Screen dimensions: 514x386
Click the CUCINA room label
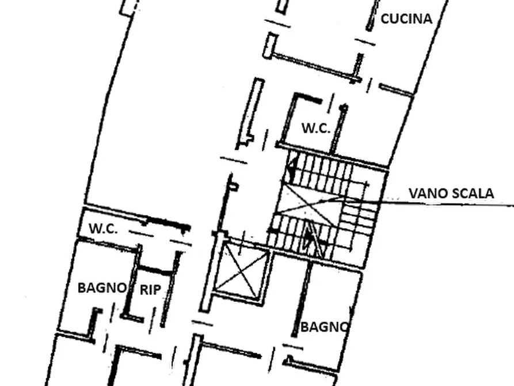[406, 18]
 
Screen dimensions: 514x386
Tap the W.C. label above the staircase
[315, 128]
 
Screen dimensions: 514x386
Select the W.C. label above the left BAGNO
[103, 229]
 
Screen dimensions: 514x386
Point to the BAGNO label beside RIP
[102, 288]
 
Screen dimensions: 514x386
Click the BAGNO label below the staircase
[324, 327]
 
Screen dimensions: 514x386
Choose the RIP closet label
[150, 290]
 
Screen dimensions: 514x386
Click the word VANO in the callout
[428, 193]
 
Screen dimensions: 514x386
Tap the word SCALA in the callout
[473, 193]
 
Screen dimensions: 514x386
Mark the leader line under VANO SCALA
[447, 203]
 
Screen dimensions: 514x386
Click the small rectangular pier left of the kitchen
[271, 46]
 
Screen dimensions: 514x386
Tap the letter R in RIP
[143, 290]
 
